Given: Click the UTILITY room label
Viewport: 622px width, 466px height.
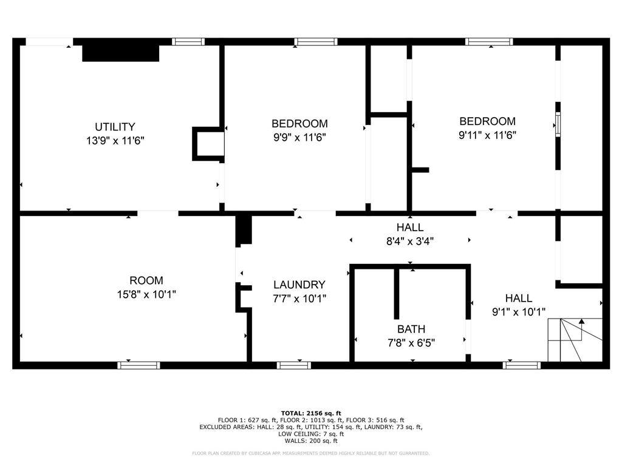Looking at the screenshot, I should click(x=115, y=127).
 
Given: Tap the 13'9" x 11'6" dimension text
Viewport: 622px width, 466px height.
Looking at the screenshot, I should click(x=115, y=140).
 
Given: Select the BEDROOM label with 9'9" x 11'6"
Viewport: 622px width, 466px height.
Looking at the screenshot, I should click(x=299, y=124).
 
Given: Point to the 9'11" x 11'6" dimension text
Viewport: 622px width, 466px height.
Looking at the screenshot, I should click(x=487, y=135).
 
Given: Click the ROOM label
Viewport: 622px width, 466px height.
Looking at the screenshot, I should click(x=146, y=280).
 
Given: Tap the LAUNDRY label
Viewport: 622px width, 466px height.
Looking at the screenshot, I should click(x=299, y=285).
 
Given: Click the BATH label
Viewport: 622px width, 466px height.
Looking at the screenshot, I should click(x=411, y=329).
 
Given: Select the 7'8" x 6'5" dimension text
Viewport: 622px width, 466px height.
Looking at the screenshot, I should click(x=411, y=342).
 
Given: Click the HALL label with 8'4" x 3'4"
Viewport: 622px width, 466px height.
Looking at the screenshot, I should click(x=410, y=228).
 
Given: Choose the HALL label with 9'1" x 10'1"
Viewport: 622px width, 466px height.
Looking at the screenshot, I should click(x=519, y=298).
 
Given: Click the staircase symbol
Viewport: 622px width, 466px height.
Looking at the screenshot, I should click(x=575, y=340).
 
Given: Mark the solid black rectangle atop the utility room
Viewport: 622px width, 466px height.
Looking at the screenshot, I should click(x=120, y=52).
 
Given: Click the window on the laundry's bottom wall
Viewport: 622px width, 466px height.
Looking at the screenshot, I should click(x=294, y=365).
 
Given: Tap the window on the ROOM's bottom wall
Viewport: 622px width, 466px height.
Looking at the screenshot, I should click(x=138, y=365).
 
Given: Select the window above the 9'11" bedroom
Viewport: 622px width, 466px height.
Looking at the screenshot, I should click(x=489, y=42).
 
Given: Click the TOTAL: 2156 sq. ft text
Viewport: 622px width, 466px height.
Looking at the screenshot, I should click(x=311, y=413).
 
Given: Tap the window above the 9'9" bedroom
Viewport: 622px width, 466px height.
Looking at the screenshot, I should click(x=316, y=42).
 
